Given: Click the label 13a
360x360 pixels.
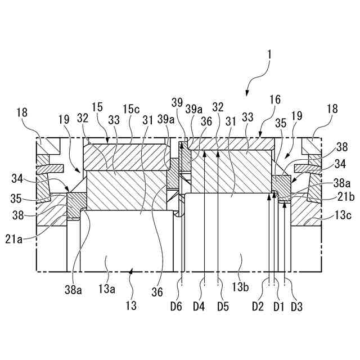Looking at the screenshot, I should click(x=107, y=289).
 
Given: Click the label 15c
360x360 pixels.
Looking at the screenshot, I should click(x=133, y=108).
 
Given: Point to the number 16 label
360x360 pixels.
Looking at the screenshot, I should click(x=274, y=99).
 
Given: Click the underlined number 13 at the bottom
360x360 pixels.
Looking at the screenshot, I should click(x=130, y=306).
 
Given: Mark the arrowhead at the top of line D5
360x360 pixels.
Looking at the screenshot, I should click(x=218, y=152).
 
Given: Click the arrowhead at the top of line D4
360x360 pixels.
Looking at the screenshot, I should click(x=205, y=152).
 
